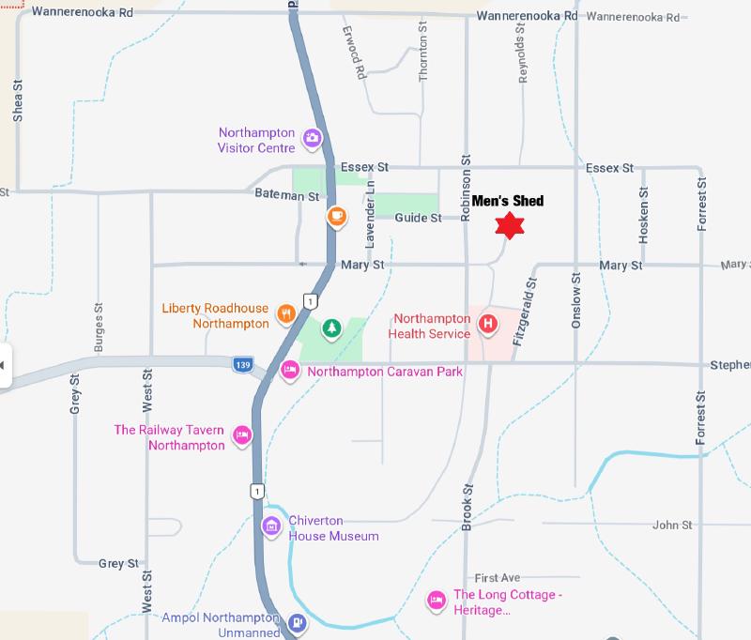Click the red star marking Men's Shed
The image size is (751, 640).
coord(509,225)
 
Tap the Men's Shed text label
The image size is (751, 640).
coord(507,200)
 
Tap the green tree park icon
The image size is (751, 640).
coord(330,328)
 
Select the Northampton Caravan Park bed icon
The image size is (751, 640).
coord(290,371)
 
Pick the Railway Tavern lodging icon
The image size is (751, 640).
coord(242,434)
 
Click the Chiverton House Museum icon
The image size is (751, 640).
coord(272,526)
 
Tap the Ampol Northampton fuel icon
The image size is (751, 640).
coord(297,621)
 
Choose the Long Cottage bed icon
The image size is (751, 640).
coord(436,600)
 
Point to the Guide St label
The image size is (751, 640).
coord(418,218)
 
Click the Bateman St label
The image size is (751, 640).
coord(287,195)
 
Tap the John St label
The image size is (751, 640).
coord(672,526)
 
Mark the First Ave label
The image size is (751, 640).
coord(497,578)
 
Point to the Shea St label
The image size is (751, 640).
coord(17,101)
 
